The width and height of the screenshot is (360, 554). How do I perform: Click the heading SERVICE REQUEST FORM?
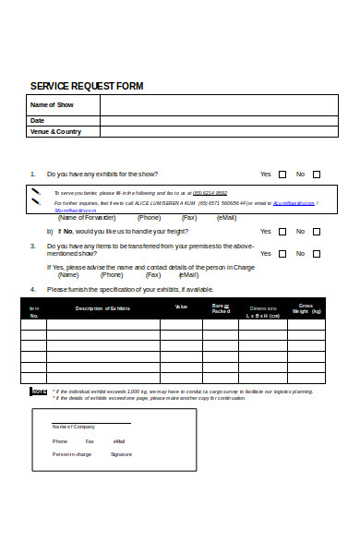pyautogui.click(x=87, y=86)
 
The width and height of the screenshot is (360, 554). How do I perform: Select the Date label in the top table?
pyautogui.click(x=38, y=120)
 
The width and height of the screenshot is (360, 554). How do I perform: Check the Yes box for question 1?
pyautogui.click(x=282, y=174)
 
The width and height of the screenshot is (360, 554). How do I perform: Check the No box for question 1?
pyautogui.click(x=317, y=174)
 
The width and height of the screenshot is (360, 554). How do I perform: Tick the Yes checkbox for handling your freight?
pyautogui.click(x=282, y=232)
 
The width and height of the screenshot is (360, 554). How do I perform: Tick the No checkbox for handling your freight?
pyautogui.click(x=317, y=232)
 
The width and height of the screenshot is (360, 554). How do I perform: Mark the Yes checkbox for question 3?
pyautogui.click(x=282, y=252)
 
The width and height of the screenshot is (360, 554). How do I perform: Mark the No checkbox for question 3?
pyautogui.click(x=317, y=252)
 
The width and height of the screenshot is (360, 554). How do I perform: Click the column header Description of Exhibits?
pyautogui.click(x=102, y=307)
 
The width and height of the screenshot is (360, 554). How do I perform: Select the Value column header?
pyautogui.click(x=181, y=307)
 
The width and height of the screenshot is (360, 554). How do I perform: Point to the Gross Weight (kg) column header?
pyautogui.click(x=306, y=308)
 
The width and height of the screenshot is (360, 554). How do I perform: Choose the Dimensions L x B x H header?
pyautogui.click(x=263, y=311)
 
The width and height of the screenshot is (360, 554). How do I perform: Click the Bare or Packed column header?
pyautogui.click(x=221, y=308)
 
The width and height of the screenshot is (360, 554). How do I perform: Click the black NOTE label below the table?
pyautogui.click(x=39, y=391)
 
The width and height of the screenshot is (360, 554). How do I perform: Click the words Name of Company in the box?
pyautogui.click(x=73, y=427)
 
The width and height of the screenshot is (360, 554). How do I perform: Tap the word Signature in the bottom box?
pyautogui.click(x=121, y=454)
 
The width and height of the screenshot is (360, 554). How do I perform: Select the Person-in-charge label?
pyautogui.click(x=72, y=454)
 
